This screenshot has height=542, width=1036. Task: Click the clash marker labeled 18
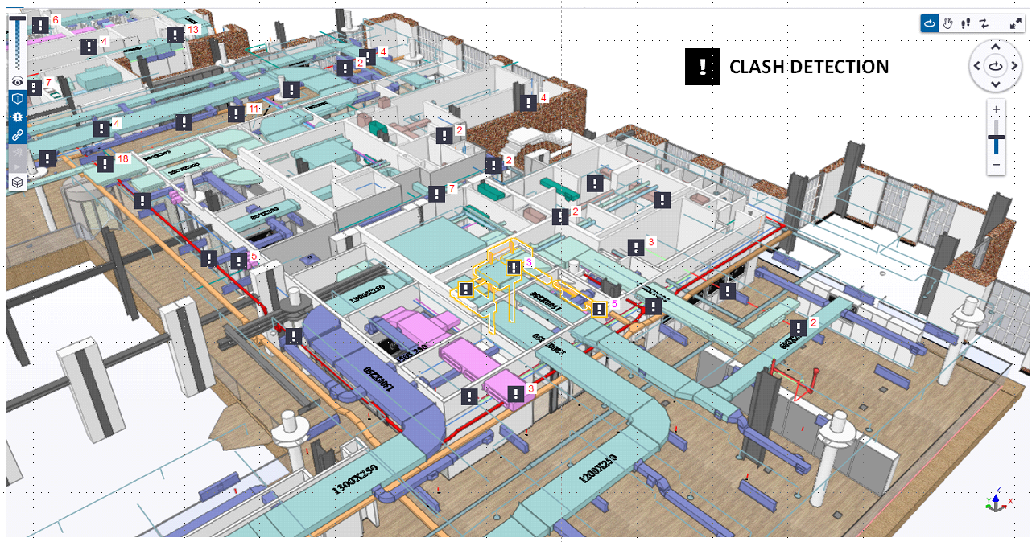click(105, 164)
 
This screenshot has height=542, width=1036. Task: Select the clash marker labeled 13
click(175, 35)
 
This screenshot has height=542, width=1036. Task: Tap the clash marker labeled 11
click(236, 113)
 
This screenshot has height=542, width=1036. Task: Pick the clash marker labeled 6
click(40, 25)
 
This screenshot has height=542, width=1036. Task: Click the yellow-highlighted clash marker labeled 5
click(599, 309)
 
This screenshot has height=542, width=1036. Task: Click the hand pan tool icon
click(948, 23)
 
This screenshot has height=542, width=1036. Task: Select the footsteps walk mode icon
click(966, 23)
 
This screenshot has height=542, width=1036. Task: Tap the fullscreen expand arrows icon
click(1015, 23)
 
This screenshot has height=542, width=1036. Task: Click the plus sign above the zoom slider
click(997, 109)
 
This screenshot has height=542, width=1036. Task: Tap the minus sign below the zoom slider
click(997, 165)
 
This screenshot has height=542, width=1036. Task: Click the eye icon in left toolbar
click(17, 81)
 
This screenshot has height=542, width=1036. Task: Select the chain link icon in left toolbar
click(17, 134)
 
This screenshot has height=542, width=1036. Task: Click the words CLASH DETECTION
click(808, 68)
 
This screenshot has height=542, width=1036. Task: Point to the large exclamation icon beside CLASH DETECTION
click(702, 67)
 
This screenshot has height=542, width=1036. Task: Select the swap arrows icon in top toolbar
click(984, 23)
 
